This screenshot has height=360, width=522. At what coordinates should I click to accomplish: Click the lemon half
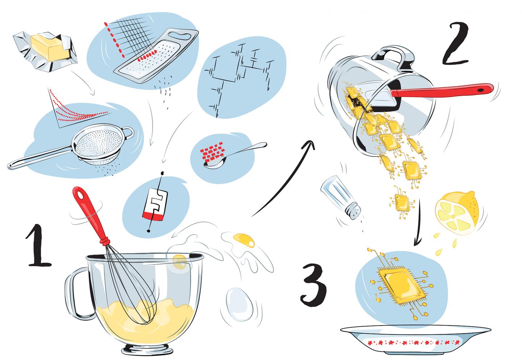pyautogui.click(x=457, y=212)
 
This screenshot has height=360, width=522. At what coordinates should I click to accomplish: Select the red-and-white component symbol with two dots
pyautogui.click(x=155, y=202)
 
